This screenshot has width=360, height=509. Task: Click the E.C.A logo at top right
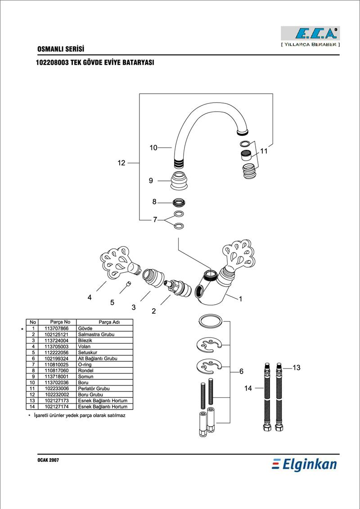[310, 33]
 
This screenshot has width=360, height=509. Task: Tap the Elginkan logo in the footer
[304, 464]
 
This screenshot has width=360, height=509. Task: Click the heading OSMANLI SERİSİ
[61, 49]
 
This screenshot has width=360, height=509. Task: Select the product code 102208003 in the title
[52, 63]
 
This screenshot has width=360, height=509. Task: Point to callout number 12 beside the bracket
[121, 163]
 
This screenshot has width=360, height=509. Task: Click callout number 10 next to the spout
[153, 148]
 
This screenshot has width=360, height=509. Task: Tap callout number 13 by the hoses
[297, 368]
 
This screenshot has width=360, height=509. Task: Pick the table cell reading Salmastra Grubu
[96, 335]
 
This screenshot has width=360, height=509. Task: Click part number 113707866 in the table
[57, 329]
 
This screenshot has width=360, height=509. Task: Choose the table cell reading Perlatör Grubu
[94, 388]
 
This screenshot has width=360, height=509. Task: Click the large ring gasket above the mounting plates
[210, 321]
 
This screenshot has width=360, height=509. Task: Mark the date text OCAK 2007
[48, 460]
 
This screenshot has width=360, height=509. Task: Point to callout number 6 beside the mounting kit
[241, 371]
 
